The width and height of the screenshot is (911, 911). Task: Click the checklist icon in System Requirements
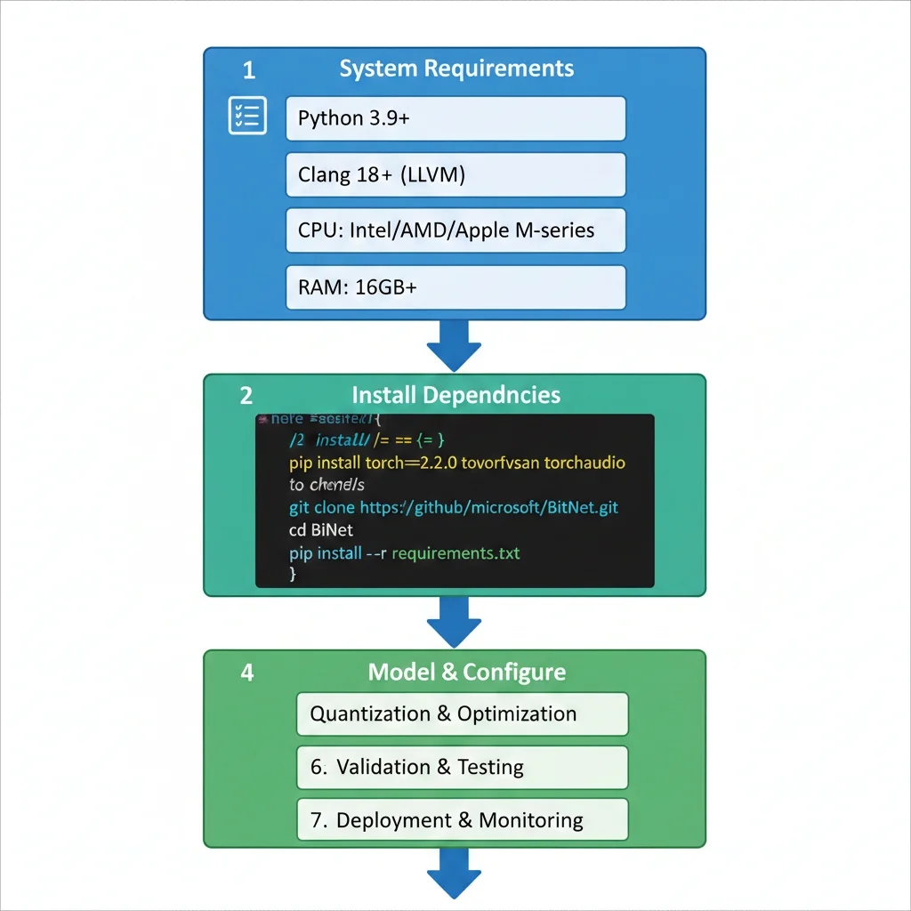[247, 116]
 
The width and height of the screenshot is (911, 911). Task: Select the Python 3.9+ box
[455, 118]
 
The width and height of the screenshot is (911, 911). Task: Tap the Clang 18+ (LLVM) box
[455, 174]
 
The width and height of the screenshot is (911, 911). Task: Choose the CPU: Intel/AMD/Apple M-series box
[455, 230]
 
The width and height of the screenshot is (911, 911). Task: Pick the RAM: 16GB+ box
[455, 287]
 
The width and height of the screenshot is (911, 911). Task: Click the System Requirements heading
[456, 69]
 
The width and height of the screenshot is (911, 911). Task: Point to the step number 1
[248, 70]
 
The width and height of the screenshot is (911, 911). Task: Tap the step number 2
[246, 395]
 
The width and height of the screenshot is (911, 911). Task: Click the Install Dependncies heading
[456, 395]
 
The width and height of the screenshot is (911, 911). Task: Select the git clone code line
[454, 508]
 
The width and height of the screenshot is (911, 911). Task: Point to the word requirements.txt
[455, 553]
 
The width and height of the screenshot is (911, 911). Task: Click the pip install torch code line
[457, 463]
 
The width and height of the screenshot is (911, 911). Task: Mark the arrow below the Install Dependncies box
[455, 620]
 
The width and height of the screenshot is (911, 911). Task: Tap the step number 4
[246, 672]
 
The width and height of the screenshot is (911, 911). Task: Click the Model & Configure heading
[467, 672]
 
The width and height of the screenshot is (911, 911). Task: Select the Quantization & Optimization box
[462, 714]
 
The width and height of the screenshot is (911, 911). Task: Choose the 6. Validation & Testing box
[462, 767]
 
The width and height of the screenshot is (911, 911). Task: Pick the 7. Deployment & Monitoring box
[462, 819]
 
